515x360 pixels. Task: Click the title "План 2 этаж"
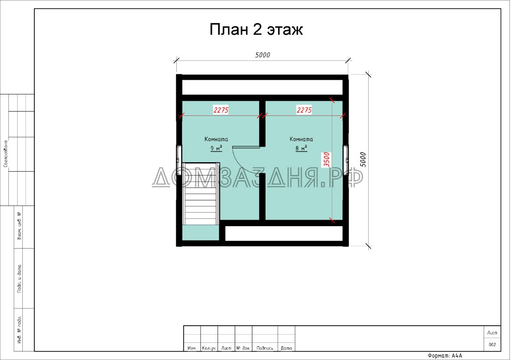click(256, 30)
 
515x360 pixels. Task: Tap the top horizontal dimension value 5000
click(262, 55)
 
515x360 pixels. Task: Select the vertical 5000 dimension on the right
click(363, 160)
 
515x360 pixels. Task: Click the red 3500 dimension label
click(327, 159)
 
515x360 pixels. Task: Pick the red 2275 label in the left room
click(221, 110)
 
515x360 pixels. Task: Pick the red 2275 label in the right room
click(304, 110)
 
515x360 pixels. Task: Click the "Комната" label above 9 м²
click(216, 139)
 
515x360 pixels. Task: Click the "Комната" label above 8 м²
click(301, 139)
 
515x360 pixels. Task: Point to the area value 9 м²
click(216, 148)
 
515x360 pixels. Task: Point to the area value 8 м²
click(301, 148)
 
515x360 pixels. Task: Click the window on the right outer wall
click(346, 154)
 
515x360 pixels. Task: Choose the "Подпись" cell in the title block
click(265, 348)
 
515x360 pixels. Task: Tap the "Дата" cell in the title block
click(286, 348)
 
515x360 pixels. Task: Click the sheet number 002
click(492, 345)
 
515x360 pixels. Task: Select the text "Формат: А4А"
click(445, 356)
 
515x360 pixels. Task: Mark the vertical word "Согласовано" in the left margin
click(5, 153)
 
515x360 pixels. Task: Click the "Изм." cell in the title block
click(192, 348)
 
